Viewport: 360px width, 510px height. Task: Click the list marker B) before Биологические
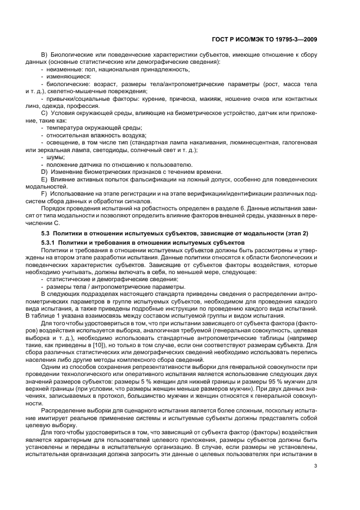pos(45,56)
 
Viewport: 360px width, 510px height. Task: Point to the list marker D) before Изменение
pos(45,172)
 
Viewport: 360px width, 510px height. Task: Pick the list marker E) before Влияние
pos(45,179)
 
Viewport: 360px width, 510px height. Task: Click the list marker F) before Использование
pos(45,193)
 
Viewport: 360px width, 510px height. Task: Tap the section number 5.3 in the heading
pos(47,233)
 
